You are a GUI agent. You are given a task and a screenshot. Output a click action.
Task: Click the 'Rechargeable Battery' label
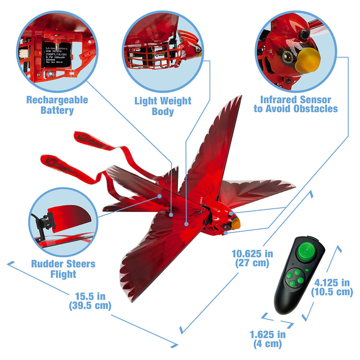coord(57,105)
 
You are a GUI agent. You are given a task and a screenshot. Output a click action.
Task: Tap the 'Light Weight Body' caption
coord(163,106)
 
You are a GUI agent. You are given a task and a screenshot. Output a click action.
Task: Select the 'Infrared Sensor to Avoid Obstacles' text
coord(296,104)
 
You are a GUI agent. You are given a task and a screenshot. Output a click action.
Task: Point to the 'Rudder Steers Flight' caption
coord(63,269)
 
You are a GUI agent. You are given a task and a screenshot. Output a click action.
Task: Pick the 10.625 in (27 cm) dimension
coord(252,258)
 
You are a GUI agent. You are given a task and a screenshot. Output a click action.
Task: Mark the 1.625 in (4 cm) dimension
coord(268,339)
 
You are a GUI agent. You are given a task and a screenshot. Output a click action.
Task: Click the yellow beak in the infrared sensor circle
coord(307,60)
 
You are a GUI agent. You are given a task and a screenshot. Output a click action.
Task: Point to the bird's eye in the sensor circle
coord(287,56)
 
